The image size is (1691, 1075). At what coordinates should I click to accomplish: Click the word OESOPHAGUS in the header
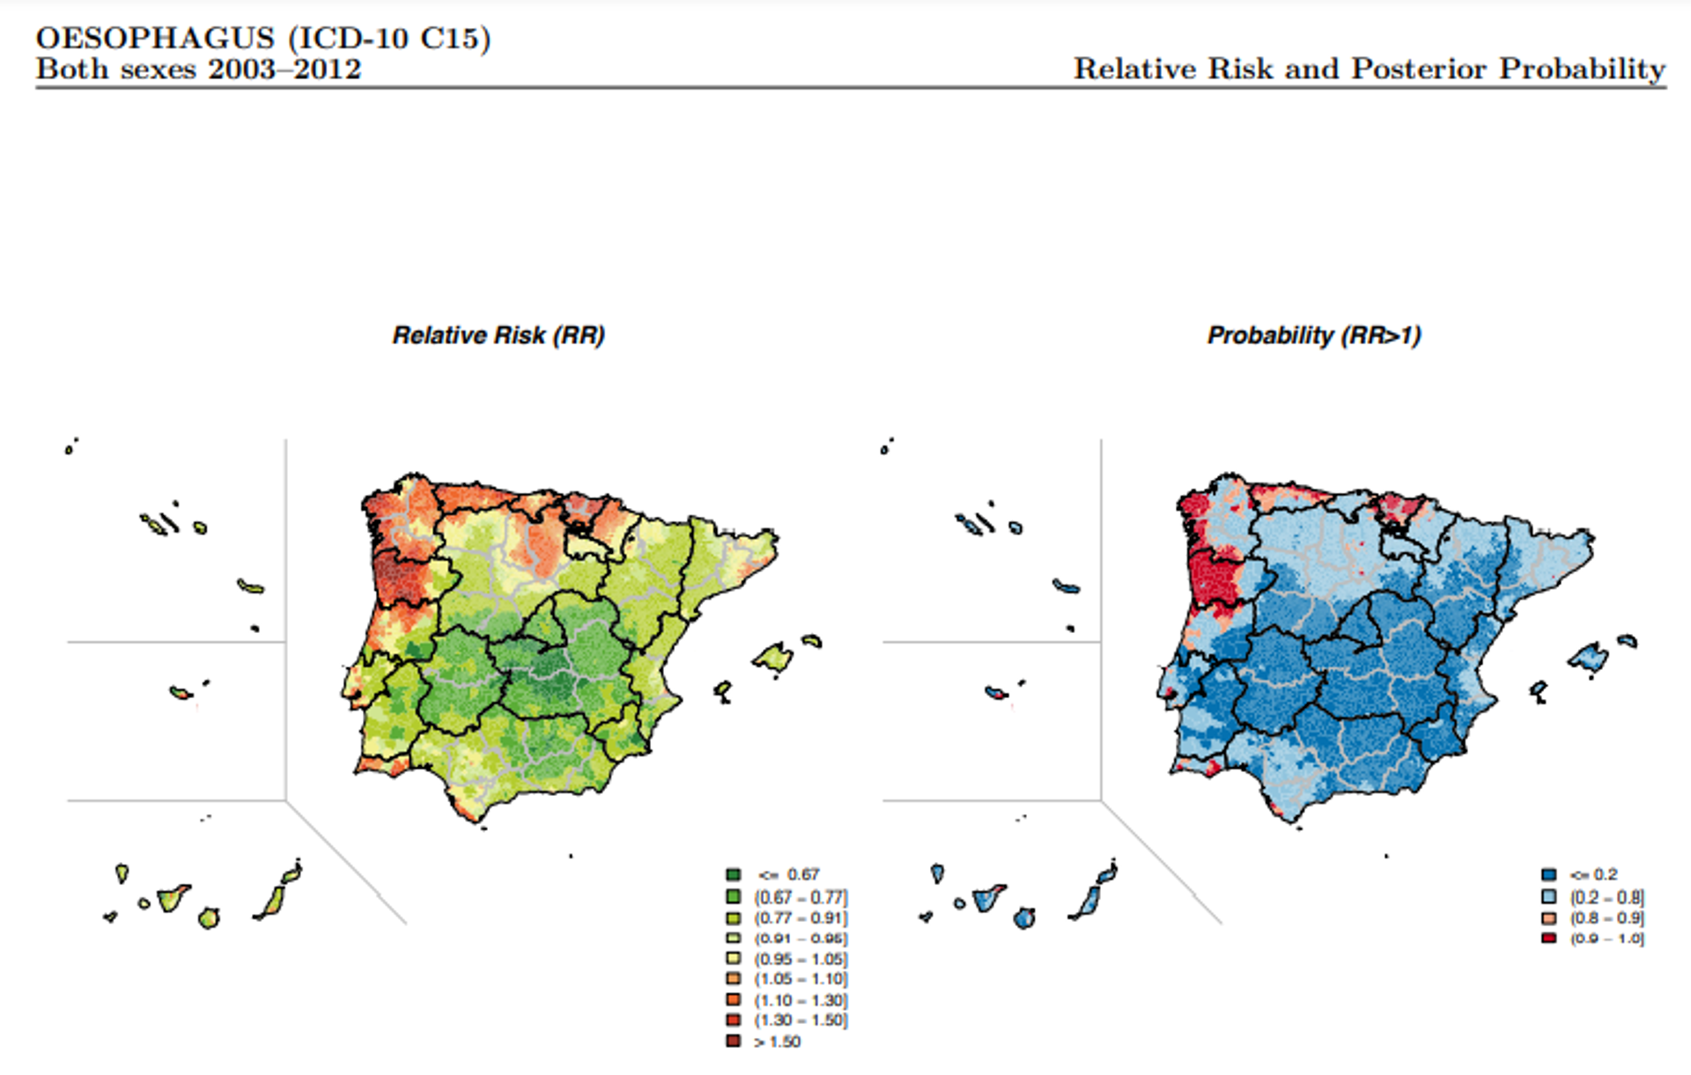pyautogui.click(x=155, y=39)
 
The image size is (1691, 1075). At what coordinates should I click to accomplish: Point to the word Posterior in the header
pyautogui.click(x=1419, y=70)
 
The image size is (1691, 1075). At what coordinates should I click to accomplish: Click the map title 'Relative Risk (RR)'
pyautogui.click(x=498, y=335)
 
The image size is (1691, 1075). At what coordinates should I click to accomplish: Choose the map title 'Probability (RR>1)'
pyautogui.click(x=1314, y=335)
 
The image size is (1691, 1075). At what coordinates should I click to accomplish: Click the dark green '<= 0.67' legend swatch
pyautogui.click(x=733, y=874)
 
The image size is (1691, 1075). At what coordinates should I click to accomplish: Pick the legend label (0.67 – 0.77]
pyautogui.click(x=801, y=897)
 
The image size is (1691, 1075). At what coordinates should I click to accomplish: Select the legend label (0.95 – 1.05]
pyautogui.click(x=801, y=959)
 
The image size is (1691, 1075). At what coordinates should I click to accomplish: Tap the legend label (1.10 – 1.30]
pyautogui.click(x=801, y=1000)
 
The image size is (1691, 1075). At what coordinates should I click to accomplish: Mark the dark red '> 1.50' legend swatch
pyautogui.click(x=733, y=1042)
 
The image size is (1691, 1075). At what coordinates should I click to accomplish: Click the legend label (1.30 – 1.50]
pyautogui.click(x=801, y=1020)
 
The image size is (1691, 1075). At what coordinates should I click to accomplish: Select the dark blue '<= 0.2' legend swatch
pyautogui.click(x=1548, y=874)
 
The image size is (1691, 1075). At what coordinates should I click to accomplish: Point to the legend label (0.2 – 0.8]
pyautogui.click(x=1607, y=897)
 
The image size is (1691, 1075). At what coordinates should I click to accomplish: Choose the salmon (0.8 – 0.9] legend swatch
pyautogui.click(x=1548, y=917)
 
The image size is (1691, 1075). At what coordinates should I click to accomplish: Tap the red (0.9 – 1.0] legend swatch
pyautogui.click(x=1548, y=939)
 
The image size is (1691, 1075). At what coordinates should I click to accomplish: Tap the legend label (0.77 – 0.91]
pyautogui.click(x=801, y=917)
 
